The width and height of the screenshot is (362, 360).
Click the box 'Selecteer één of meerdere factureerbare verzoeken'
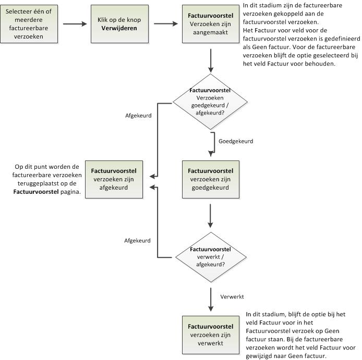[x=29, y=24]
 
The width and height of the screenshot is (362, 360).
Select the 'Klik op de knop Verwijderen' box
[x=119, y=24]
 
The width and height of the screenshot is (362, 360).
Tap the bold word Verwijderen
[x=119, y=28]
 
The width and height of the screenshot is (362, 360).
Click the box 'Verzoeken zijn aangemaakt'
[x=211, y=24]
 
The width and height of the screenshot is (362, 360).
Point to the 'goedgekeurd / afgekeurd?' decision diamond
[x=210, y=102]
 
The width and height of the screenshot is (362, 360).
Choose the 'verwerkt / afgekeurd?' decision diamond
[x=211, y=257]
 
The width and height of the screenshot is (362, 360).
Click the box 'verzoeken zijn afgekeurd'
[x=114, y=179]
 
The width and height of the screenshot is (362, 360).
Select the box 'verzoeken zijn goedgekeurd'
[x=211, y=179]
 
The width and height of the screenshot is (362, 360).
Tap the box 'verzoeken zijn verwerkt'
[x=211, y=335]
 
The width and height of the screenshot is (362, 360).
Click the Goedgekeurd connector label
[x=236, y=141]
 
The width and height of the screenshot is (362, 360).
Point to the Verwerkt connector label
[x=232, y=296]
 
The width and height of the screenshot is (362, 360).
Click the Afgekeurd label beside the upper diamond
[x=138, y=116]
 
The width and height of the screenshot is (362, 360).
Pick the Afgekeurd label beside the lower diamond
[x=137, y=241]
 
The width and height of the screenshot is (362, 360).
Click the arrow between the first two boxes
[x=75, y=24]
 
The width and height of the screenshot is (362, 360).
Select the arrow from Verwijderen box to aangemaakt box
[x=166, y=24]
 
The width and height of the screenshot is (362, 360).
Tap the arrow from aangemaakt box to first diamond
[x=211, y=60]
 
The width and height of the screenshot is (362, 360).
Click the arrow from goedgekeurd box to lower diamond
[x=210, y=216]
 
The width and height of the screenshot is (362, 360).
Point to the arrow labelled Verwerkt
[x=211, y=300]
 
